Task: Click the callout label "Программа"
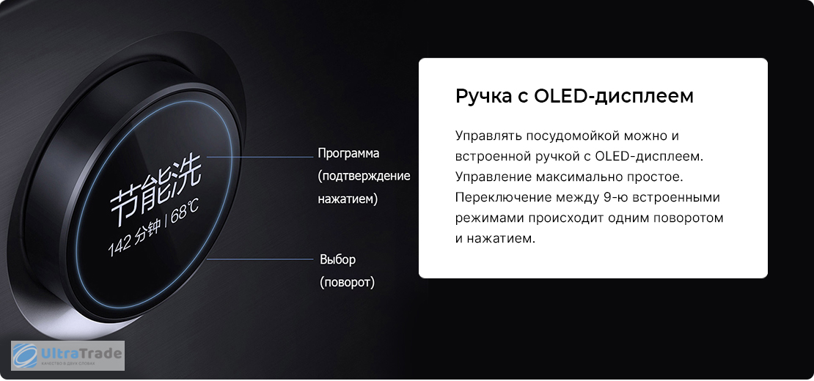[348, 154]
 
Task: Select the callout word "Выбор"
[337, 259]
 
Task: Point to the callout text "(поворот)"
[347, 283]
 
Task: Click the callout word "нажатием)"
[348, 199]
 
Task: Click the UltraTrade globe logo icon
[26, 355]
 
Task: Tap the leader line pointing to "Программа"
[259, 156]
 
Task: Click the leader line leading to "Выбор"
[260, 258]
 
